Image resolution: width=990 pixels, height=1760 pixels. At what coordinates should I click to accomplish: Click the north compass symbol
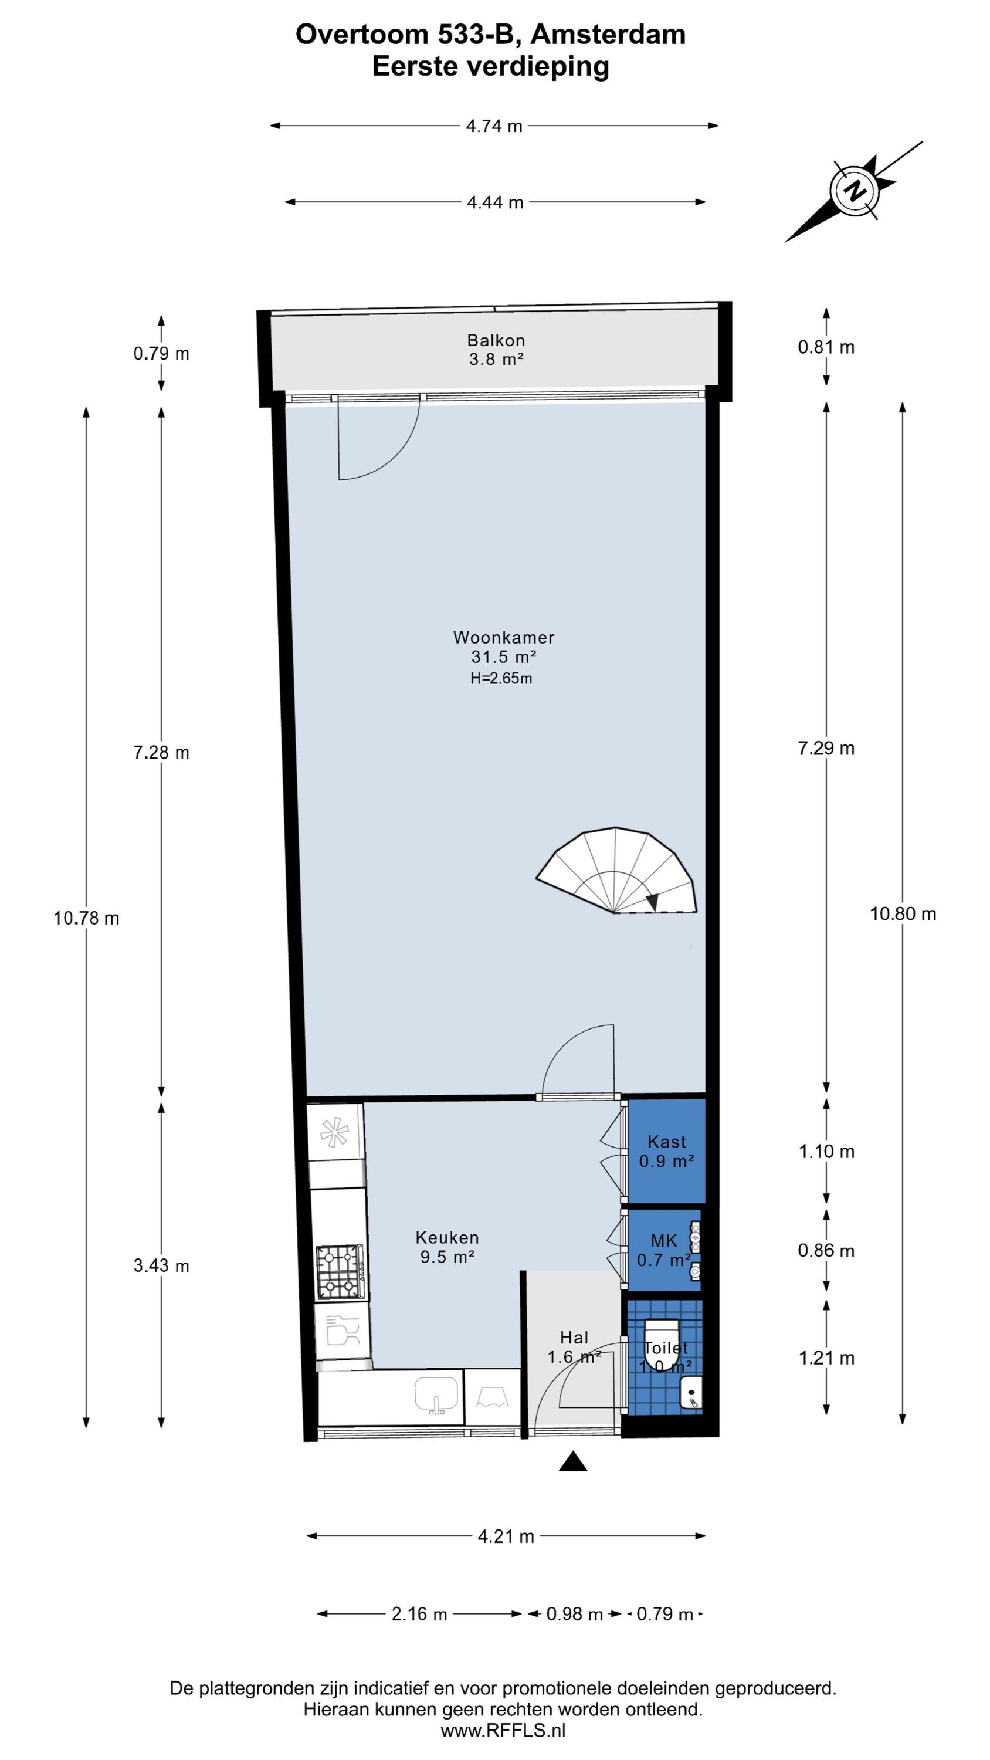click(x=854, y=191)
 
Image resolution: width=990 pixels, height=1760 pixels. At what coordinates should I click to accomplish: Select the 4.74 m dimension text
click(x=494, y=126)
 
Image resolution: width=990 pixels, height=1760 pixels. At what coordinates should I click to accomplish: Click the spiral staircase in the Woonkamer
click(x=616, y=871)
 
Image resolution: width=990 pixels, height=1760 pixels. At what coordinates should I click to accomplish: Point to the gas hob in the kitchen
click(x=340, y=1271)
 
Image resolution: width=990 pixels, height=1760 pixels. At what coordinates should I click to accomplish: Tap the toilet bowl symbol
click(x=662, y=1345)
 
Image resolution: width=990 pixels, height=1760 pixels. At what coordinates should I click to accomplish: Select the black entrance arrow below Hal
click(x=573, y=1461)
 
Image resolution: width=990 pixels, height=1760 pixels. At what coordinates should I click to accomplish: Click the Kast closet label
click(x=667, y=1142)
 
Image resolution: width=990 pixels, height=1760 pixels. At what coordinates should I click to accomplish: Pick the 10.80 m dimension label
click(x=903, y=913)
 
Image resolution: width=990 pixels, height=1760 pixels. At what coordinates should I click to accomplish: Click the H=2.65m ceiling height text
click(x=501, y=678)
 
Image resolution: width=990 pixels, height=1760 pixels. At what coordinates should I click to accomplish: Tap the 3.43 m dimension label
click(x=161, y=1265)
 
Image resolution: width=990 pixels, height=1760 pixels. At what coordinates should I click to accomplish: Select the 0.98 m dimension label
click(x=575, y=1614)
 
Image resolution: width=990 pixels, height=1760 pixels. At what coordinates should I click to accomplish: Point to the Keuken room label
click(x=447, y=1237)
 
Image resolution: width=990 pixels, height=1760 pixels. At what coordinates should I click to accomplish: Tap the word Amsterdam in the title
click(x=608, y=34)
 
